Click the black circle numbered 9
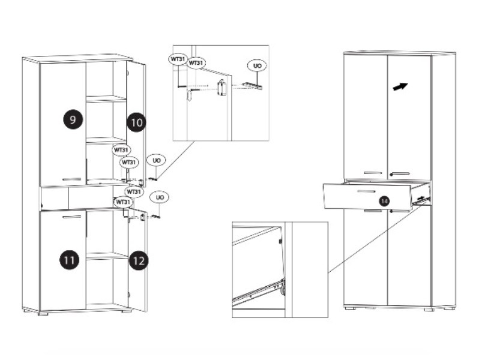click(73, 119)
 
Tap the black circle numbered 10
click(136, 122)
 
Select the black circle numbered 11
click(69, 260)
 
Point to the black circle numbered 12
click(139, 261)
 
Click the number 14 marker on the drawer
click(384, 201)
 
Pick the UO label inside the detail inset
click(258, 65)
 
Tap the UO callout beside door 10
click(157, 160)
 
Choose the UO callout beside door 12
click(160, 197)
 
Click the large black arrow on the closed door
click(400, 86)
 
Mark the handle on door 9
click(71, 179)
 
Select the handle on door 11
click(71, 217)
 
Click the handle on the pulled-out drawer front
click(366, 192)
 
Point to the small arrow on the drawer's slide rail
click(422, 199)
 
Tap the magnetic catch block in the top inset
click(221, 88)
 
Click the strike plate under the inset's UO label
click(252, 86)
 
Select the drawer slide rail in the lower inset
click(259, 291)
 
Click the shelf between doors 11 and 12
click(107, 256)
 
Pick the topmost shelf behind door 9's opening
click(106, 98)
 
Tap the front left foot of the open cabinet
click(43, 313)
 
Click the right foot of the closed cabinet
click(429, 309)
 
